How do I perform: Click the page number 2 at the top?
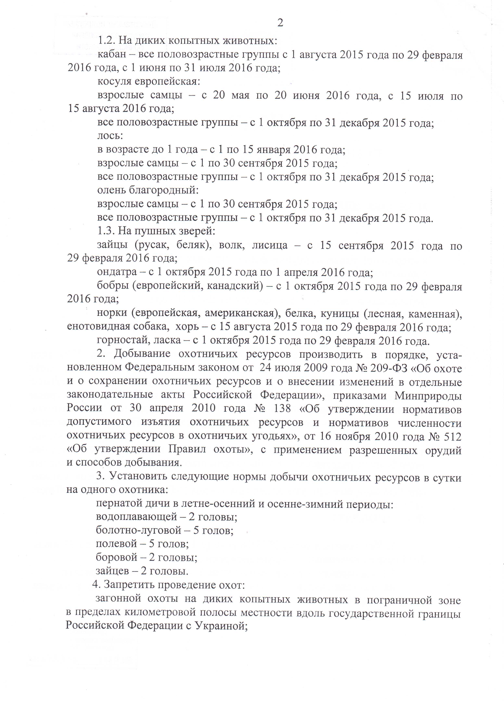tap(280, 23)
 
